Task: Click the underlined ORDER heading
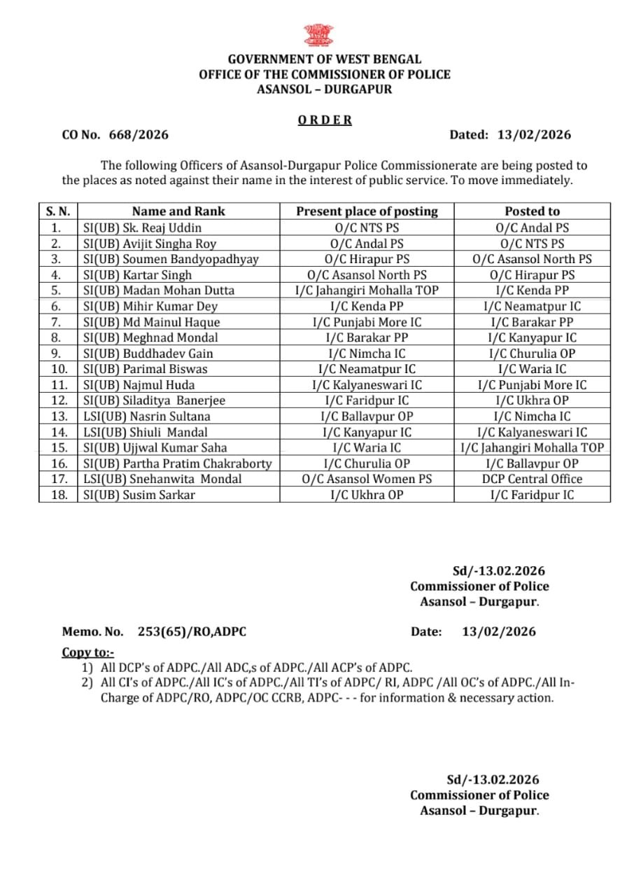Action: point(325,120)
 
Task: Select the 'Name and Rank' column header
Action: point(178,211)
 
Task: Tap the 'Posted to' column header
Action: point(532,211)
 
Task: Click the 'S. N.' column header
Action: point(59,211)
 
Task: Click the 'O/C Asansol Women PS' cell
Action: point(367,479)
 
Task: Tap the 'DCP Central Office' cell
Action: point(532,479)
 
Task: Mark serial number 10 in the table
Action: point(59,369)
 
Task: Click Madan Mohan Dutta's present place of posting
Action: point(367,290)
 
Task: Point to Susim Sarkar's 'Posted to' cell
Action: point(532,495)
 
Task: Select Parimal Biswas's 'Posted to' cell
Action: point(532,369)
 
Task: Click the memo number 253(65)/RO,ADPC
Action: point(192,631)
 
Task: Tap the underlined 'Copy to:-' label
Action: point(88,652)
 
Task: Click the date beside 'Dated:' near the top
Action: point(534,135)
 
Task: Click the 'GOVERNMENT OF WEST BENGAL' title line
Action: point(325,59)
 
